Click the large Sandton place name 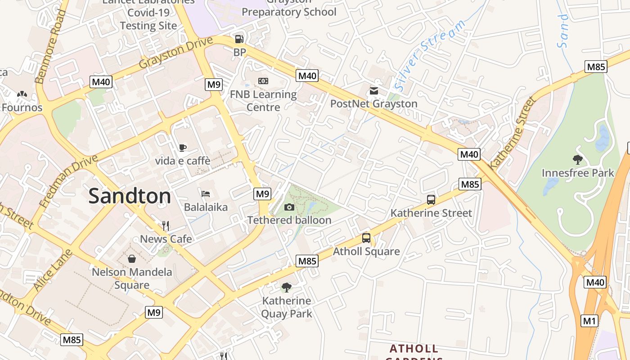click(130, 196)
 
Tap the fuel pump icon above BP click(239, 39)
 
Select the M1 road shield click(589, 321)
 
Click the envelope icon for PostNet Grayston click(374, 91)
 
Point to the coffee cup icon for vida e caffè click(182, 148)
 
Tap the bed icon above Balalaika click(206, 194)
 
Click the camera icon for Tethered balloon click(289, 207)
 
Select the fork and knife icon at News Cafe click(166, 225)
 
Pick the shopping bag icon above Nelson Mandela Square click(132, 259)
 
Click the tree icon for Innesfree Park click(578, 159)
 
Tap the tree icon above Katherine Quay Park click(286, 287)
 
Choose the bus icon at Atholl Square click(366, 238)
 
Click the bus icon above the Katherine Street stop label click(431, 200)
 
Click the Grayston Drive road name click(175, 53)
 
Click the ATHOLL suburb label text click(414, 349)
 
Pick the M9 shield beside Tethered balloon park click(262, 194)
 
